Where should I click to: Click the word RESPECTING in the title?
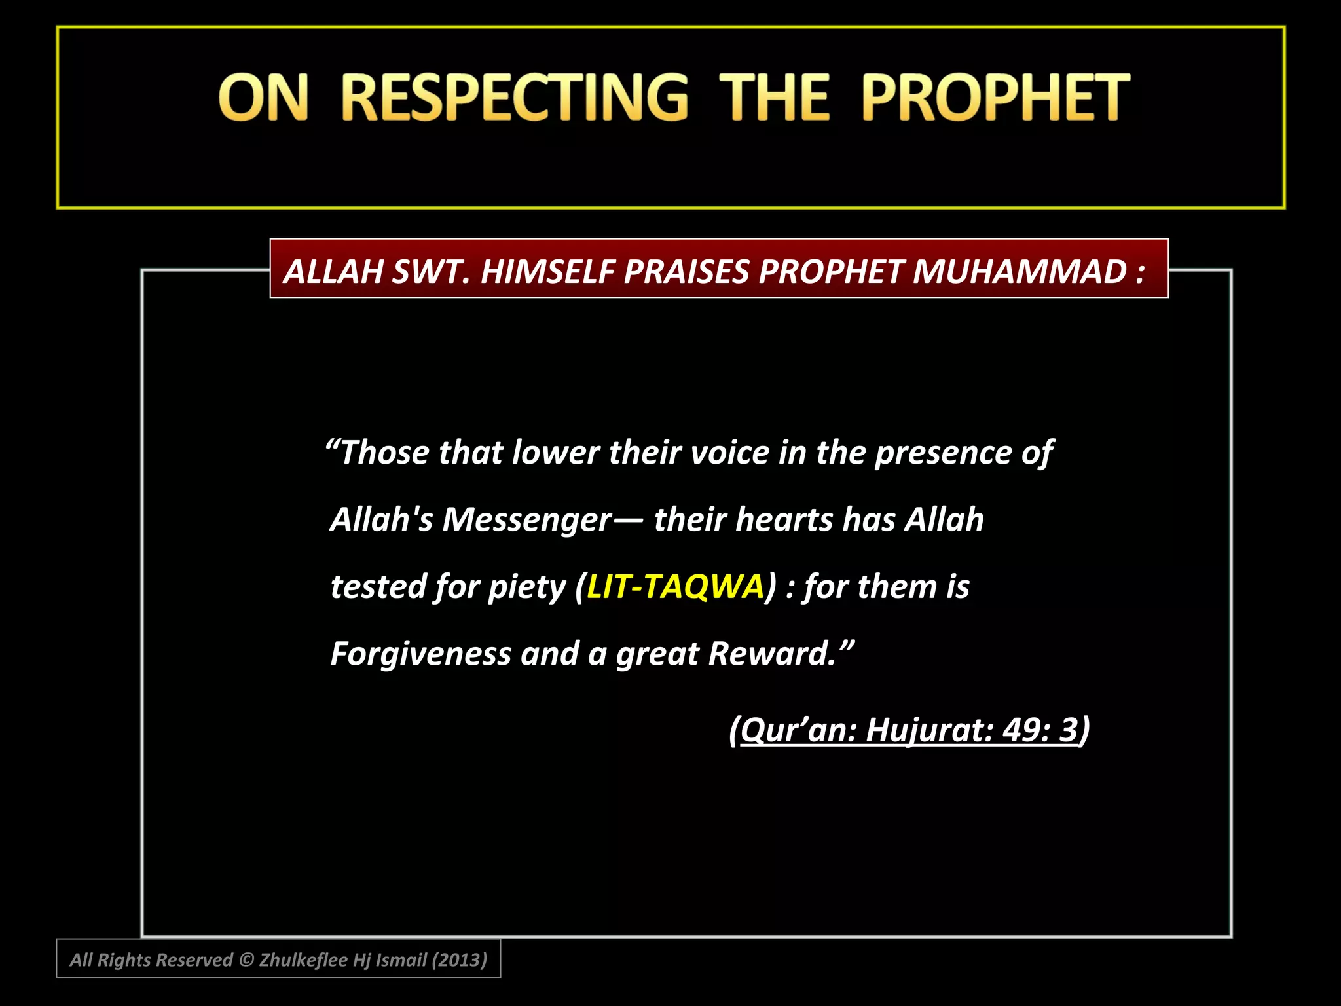pos(515,98)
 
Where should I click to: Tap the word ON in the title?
pos(263,98)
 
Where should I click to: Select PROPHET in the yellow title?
pos(995,98)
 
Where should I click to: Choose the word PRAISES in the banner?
pos(686,271)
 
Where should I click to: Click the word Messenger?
pos(527,519)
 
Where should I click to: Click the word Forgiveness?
pos(420,654)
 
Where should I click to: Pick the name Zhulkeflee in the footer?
pos(303,960)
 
